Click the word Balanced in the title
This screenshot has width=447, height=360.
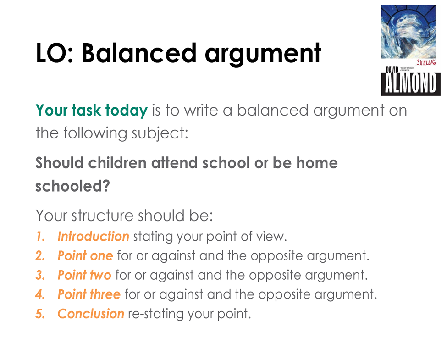pyautogui.click(x=139, y=53)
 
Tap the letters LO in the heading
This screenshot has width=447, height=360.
pyautogui.click(x=52, y=53)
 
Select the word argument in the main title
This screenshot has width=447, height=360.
pyautogui.click(x=263, y=55)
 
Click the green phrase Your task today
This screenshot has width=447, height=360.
pyautogui.click(x=92, y=111)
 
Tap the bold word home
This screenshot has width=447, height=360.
pyautogui.click(x=317, y=163)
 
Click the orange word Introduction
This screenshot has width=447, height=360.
pyautogui.click(x=93, y=237)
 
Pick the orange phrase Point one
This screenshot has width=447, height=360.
pyautogui.click(x=85, y=255)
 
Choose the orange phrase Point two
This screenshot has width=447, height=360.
pyautogui.click(x=84, y=275)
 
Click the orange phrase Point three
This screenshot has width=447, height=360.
pyautogui.click(x=89, y=294)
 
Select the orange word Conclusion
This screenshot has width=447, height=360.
pyautogui.click(x=91, y=314)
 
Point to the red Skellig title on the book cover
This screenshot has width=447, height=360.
pyautogui.click(x=426, y=62)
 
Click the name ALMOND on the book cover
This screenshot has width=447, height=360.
pyautogui.click(x=410, y=83)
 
